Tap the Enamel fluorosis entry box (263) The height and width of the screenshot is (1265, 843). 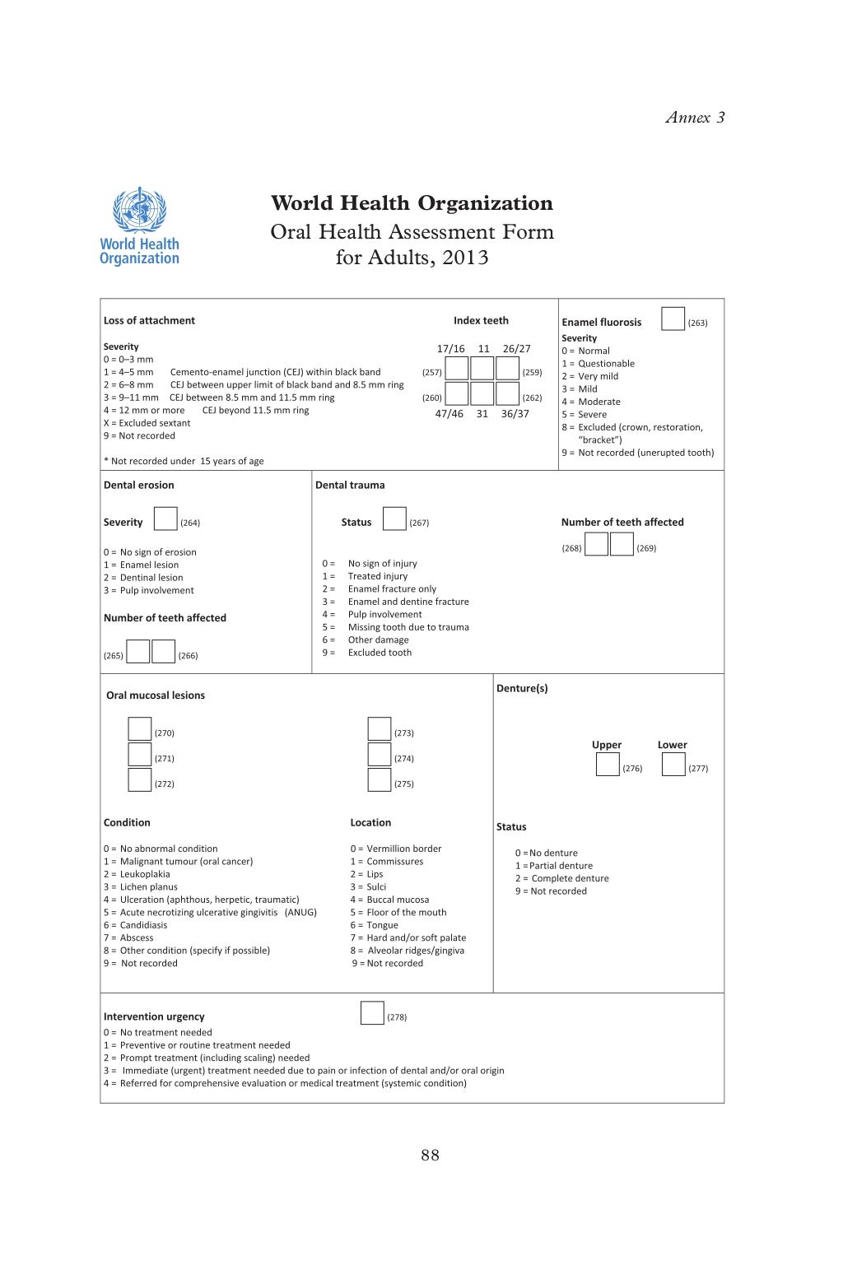[x=673, y=319]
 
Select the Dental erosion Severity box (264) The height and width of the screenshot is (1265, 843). [x=165, y=519]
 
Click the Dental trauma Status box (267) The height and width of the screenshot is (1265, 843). [x=394, y=519]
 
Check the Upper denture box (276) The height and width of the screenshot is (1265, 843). [x=608, y=765]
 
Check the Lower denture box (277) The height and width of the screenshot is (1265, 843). [x=673, y=765]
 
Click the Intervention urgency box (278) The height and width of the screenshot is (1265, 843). [x=372, y=1013]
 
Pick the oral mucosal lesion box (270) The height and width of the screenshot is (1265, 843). [x=140, y=729]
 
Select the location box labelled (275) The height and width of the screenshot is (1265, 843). [x=380, y=780]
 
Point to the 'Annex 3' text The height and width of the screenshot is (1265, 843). [x=695, y=118]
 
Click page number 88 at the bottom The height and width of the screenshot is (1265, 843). [x=430, y=1156]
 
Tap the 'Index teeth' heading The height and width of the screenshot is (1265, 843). [x=481, y=321]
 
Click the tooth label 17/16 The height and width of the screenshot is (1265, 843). [x=450, y=349]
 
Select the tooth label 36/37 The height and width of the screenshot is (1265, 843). [x=515, y=414]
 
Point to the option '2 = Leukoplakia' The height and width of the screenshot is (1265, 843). [x=137, y=874]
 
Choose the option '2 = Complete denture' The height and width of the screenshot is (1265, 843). [x=562, y=878]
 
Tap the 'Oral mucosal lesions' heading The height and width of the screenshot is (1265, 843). [x=156, y=695]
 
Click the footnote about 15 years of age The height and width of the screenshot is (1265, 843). [x=184, y=461]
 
